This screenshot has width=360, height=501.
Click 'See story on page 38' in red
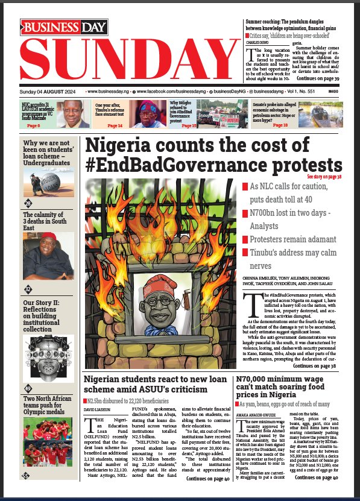click(x=324, y=177)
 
